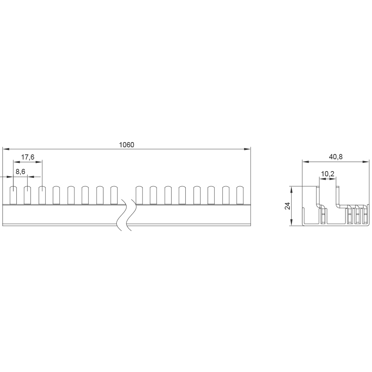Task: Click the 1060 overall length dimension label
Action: (126, 145)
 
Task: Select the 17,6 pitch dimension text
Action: (28, 157)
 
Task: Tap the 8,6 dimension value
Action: (20, 171)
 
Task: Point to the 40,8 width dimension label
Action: (336, 157)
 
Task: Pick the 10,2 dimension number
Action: (328, 174)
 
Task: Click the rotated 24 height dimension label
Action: (287, 206)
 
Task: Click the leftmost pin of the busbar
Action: (13, 195)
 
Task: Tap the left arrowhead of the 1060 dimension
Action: (6, 149)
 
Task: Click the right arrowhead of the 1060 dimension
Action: (247, 149)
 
